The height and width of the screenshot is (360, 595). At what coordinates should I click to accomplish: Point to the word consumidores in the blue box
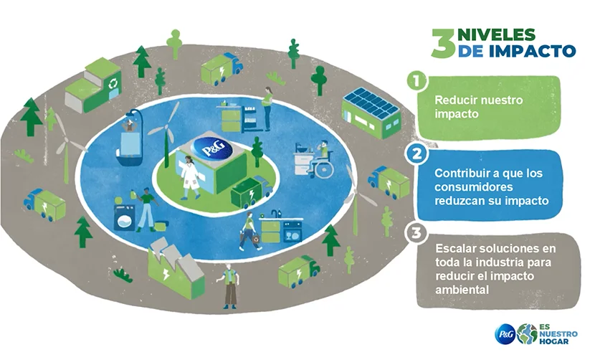click(x=474, y=188)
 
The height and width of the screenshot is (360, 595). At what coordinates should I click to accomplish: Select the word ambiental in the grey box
click(x=462, y=290)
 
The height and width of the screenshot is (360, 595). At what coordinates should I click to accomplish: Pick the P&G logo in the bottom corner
click(x=505, y=333)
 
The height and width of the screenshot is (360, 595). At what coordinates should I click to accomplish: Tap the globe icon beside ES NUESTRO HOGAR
click(x=527, y=333)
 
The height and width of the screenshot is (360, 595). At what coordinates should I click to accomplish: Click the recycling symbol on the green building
click(x=113, y=83)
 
